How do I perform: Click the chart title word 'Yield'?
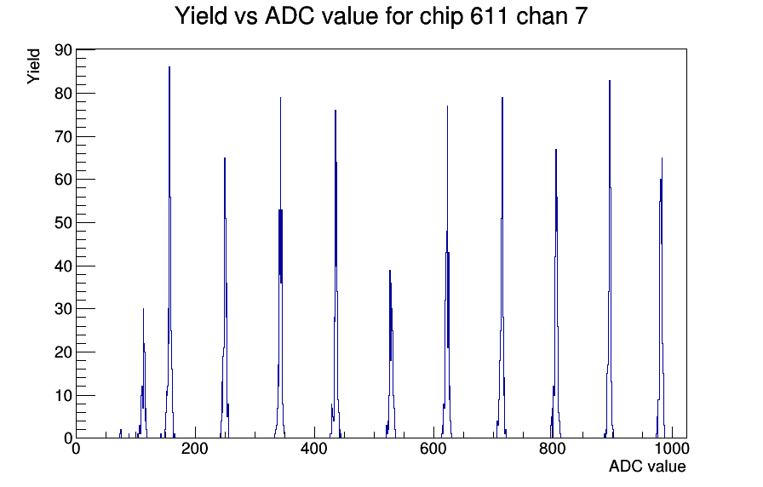201,16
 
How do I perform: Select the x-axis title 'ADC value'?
647,466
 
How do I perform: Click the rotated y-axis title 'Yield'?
33,66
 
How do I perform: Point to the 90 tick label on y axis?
63,50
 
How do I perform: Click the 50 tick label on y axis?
63,223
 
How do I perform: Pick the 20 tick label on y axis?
63,352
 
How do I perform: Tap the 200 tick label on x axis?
195,448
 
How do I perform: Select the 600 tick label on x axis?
433,448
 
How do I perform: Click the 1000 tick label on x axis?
671,448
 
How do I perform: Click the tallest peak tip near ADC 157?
169,67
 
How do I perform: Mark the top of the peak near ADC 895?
610,81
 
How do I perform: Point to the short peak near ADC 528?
390,271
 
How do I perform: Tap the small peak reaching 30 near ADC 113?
143,309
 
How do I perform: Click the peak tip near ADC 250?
224,158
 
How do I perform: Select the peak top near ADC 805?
556,150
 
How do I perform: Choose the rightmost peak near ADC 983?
662,158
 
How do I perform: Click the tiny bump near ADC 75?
121,430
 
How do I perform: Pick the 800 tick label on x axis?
553,448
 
